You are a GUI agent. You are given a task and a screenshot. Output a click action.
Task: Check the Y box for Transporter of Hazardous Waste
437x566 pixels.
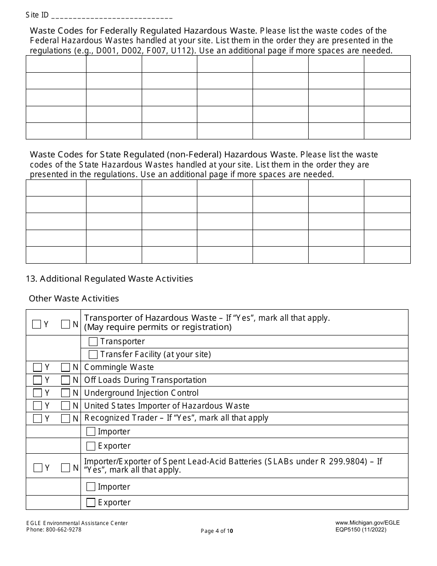(x=37, y=324)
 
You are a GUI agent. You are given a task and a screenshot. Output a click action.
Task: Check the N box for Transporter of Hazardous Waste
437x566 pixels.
(x=65, y=324)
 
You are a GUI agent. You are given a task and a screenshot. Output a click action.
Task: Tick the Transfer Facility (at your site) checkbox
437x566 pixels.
(x=93, y=354)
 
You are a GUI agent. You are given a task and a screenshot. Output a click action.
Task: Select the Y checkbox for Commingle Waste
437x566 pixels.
(x=38, y=367)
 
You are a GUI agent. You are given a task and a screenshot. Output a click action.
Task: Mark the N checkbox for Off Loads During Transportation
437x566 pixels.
(x=65, y=380)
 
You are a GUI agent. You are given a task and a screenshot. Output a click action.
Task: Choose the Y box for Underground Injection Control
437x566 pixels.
(x=38, y=393)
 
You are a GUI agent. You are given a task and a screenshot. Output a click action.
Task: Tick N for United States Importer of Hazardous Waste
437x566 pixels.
(x=65, y=406)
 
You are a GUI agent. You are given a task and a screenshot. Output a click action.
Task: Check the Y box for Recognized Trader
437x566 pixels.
(x=38, y=418)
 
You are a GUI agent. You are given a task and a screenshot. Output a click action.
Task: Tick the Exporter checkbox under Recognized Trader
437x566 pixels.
(x=91, y=446)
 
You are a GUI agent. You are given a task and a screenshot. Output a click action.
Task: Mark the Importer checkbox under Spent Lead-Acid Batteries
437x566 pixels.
(x=91, y=487)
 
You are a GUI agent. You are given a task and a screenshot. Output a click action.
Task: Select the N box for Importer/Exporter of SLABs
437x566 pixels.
(x=65, y=468)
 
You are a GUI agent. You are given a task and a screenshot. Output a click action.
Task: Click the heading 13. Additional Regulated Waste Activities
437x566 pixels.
(x=109, y=278)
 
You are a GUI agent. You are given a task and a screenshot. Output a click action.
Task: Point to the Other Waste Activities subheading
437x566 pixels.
(x=74, y=299)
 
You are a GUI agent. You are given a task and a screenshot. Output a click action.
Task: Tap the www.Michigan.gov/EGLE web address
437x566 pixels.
(x=368, y=523)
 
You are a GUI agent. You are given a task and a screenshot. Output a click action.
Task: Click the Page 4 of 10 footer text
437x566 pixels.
(x=217, y=531)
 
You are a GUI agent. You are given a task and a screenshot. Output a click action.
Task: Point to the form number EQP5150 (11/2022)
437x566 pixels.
(x=361, y=530)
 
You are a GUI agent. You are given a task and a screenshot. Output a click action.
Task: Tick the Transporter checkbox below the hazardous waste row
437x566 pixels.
(x=93, y=341)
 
